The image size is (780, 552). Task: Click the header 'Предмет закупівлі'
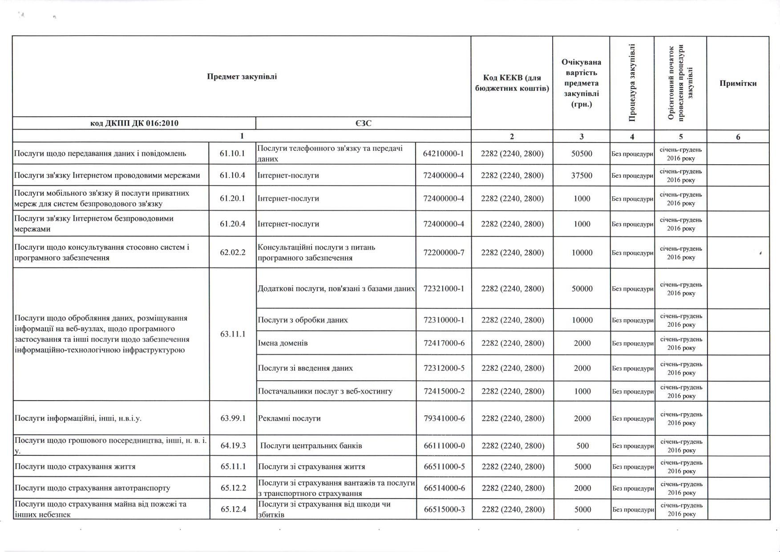[x=242, y=77]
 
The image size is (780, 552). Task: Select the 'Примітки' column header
[x=738, y=83]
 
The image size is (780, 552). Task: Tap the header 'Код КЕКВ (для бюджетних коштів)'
[x=512, y=83]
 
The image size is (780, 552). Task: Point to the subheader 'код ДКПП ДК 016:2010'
[x=134, y=123]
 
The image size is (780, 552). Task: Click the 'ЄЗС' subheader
[x=363, y=123]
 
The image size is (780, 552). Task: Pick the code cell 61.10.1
[x=232, y=154]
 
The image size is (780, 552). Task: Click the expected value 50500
[x=582, y=154]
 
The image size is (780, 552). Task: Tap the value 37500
[x=582, y=175]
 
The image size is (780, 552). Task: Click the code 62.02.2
[x=232, y=252]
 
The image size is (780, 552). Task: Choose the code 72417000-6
[x=444, y=343]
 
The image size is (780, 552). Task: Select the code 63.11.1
[x=232, y=334]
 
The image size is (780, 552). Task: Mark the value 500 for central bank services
[x=582, y=446]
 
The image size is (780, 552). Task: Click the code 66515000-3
[x=444, y=509]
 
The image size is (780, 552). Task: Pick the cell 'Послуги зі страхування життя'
[x=311, y=467]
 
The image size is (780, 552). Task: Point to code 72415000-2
[x=444, y=391]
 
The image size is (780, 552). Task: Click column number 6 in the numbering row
[x=738, y=137]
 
